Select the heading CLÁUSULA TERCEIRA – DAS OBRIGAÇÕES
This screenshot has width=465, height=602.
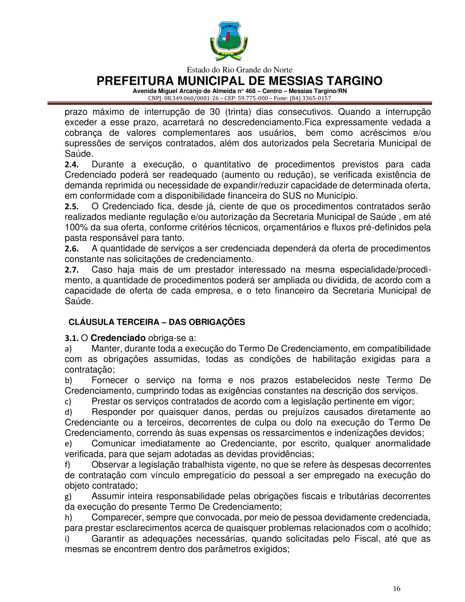[x=157, y=321]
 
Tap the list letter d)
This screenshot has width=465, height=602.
[x=68, y=412]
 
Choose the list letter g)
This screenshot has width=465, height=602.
[x=68, y=496]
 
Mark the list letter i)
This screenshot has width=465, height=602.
[x=67, y=538]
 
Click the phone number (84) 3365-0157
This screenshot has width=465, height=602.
[x=311, y=98]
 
